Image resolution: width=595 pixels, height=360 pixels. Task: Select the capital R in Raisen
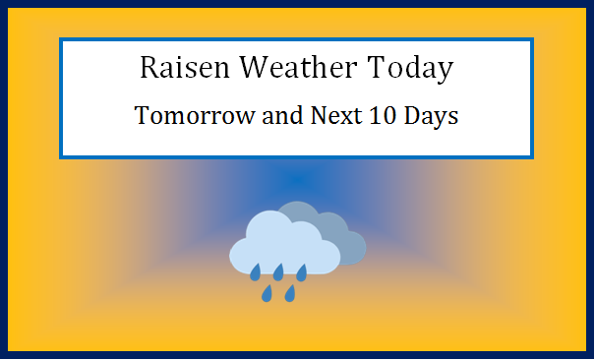149,68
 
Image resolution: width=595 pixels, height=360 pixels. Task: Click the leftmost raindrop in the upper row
255,271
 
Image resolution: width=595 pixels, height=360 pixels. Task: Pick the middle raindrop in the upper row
278,271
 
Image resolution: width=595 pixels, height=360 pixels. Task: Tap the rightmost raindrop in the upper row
302,271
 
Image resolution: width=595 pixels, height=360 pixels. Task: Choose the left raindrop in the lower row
267,293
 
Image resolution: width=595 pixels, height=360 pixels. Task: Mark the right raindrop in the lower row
290,293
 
